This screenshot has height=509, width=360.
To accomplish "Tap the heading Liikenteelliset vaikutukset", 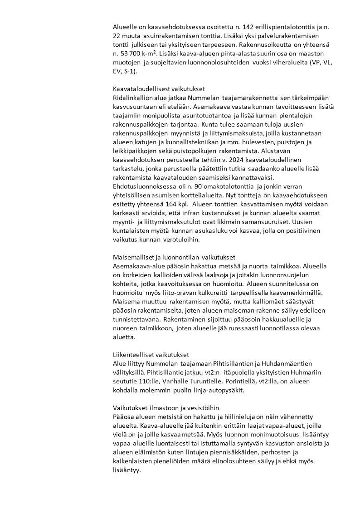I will coord(151,354).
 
